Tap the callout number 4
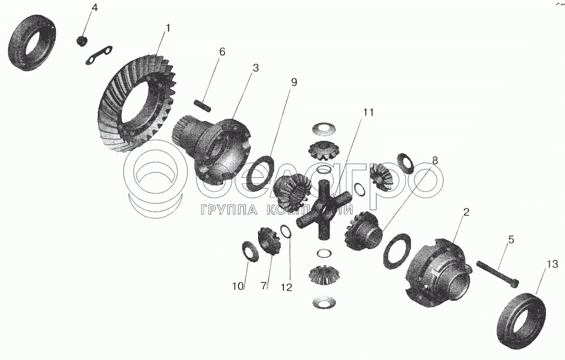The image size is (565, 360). [94, 8]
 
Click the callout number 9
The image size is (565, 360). [294, 82]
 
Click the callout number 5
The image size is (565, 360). [511, 240]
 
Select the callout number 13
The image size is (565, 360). [551, 264]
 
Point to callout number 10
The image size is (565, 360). [237, 286]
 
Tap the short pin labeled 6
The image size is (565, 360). [203, 105]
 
